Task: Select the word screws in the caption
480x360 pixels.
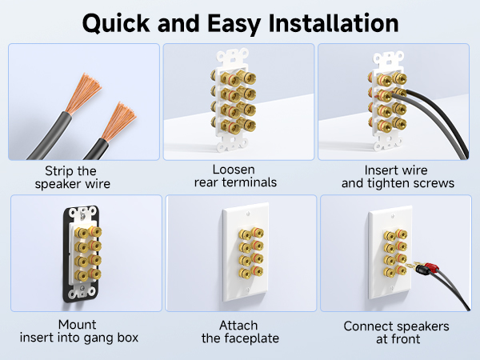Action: [429, 183]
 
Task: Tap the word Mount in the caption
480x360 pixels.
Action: [78, 325]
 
